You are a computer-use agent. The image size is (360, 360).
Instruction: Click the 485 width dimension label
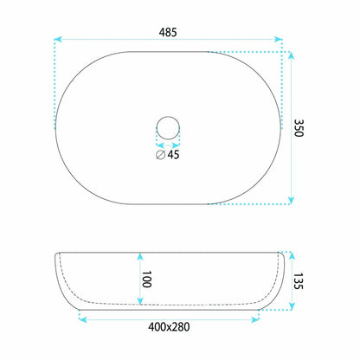click(168, 32)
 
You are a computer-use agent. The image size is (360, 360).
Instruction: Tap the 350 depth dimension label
click(299, 128)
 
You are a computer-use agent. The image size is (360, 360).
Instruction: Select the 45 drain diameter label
click(173, 155)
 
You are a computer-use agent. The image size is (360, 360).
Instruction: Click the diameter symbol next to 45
click(160, 155)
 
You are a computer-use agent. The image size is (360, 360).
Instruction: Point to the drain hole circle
click(168, 117)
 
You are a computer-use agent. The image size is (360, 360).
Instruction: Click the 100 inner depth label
click(146, 280)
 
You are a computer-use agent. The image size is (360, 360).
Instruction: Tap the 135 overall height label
click(299, 281)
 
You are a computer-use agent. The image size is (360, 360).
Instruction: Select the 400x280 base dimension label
click(169, 327)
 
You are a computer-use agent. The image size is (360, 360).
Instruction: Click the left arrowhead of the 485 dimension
click(58, 39)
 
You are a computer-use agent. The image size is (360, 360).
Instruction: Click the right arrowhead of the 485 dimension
click(279, 39)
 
